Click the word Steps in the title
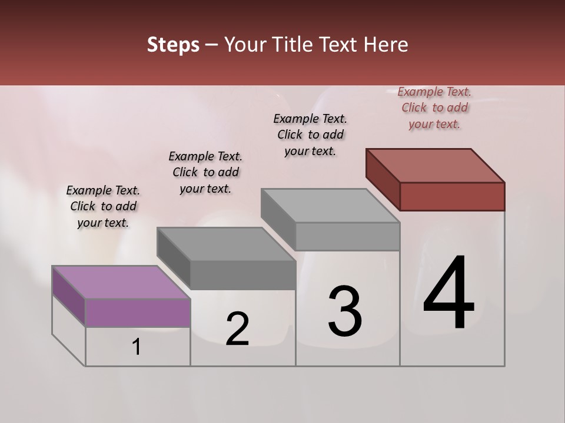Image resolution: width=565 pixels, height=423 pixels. click(173, 45)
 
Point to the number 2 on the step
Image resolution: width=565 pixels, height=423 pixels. click(237, 329)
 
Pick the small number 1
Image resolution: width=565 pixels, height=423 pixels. click(137, 347)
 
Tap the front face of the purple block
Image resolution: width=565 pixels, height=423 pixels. click(138, 313)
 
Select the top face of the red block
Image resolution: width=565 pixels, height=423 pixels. click(436, 165)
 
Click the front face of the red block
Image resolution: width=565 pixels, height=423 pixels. click(452, 196)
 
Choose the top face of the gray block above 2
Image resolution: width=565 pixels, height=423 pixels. click(226, 244)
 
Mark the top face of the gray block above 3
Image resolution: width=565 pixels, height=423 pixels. click(330, 206)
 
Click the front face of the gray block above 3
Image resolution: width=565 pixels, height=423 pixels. click(347, 237)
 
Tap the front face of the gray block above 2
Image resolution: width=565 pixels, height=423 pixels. click(242, 275)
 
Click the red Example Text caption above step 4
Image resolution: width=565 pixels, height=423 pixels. click(434, 108)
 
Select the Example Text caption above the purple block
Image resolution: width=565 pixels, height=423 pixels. click(103, 206)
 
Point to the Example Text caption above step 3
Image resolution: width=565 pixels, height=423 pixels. click(310, 135)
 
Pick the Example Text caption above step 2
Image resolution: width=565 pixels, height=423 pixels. click(205, 172)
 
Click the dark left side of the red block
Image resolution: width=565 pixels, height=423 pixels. click(383, 179)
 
